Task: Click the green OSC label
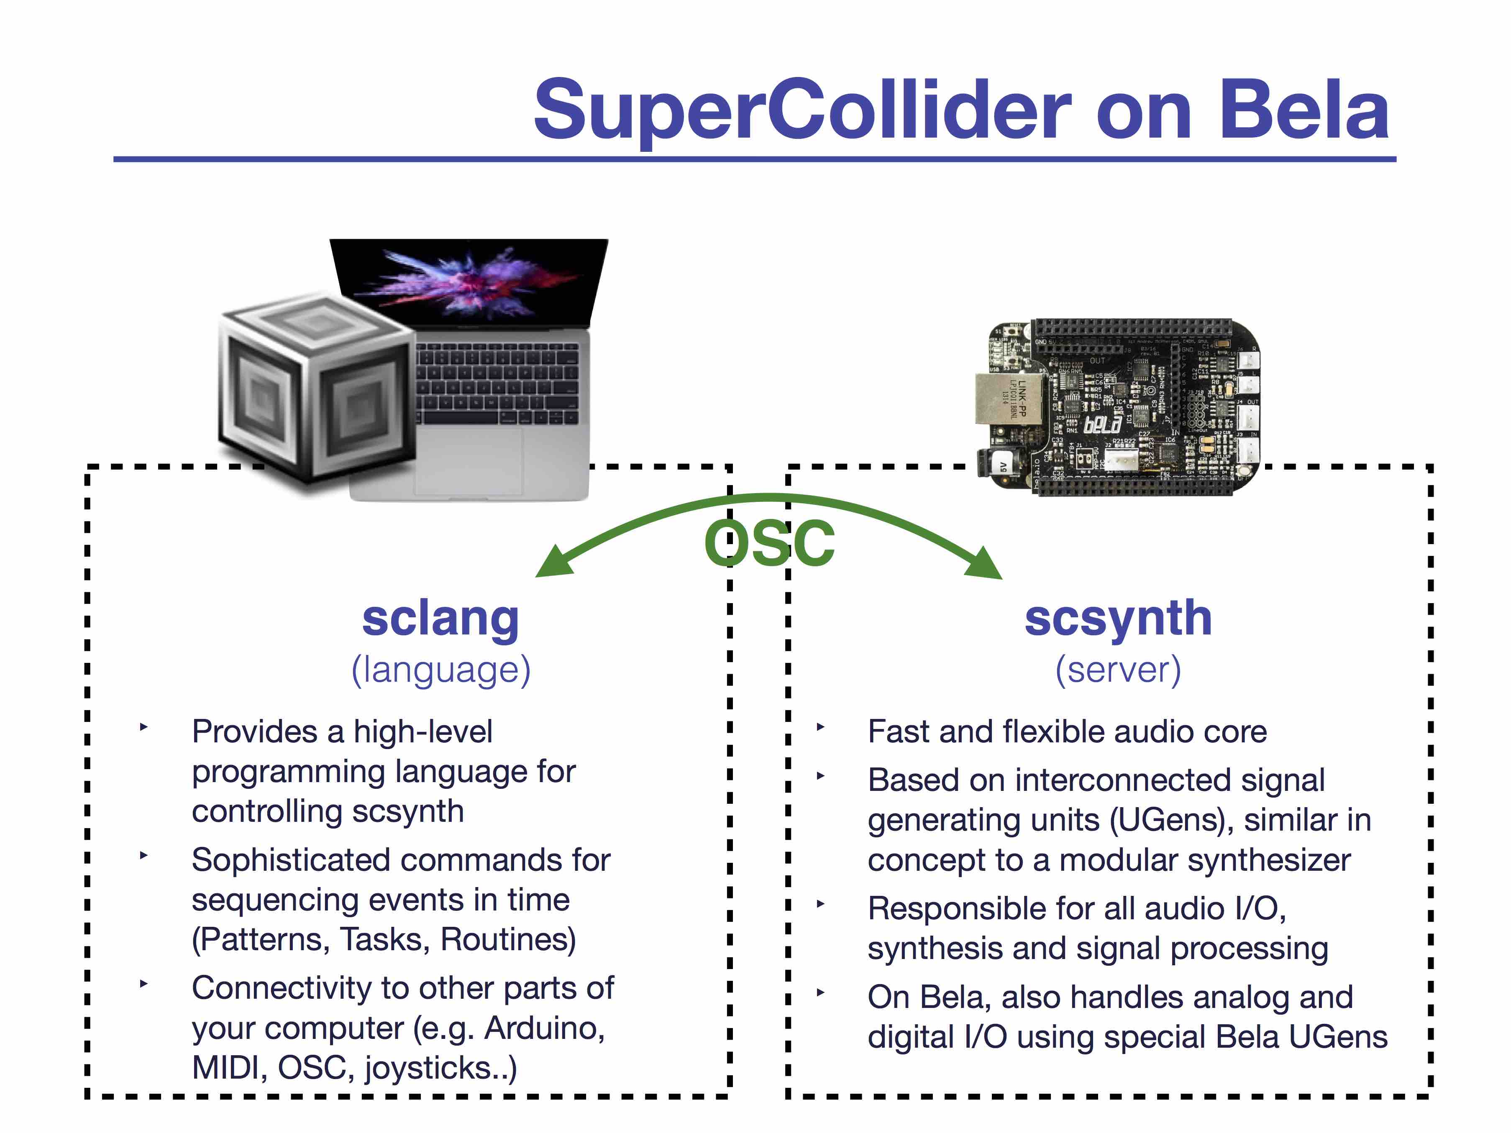tap(770, 543)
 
